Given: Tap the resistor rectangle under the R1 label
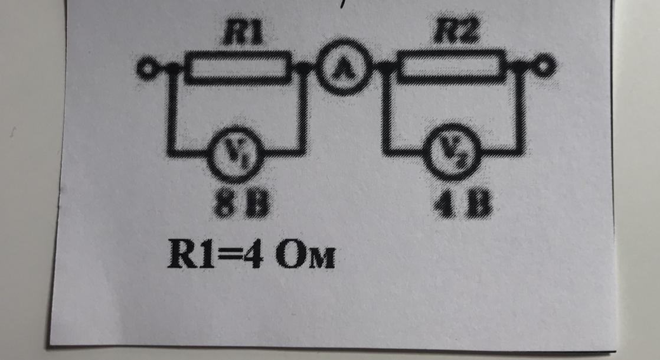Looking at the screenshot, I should tap(239, 67).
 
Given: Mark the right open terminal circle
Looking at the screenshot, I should tap(545, 67).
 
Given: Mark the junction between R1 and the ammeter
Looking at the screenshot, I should tap(303, 68).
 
